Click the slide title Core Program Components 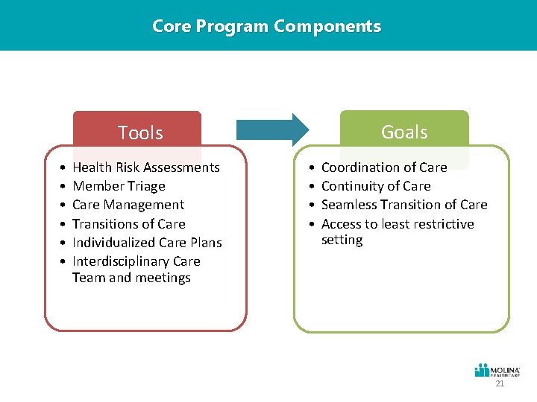(x=266, y=26)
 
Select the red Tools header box (x=139, y=132)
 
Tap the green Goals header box (x=404, y=132)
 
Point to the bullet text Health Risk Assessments (x=145, y=167)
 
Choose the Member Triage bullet (x=119, y=186)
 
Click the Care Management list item (x=128, y=205)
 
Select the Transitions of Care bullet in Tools (x=128, y=224)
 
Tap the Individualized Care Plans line (x=147, y=243)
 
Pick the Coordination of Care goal (x=383, y=167)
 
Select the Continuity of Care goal (x=376, y=186)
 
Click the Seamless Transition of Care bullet (x=403, y=205)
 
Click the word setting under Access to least (x=342, y=240)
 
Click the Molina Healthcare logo (x=497, y=371)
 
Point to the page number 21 (x=500, y=384)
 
